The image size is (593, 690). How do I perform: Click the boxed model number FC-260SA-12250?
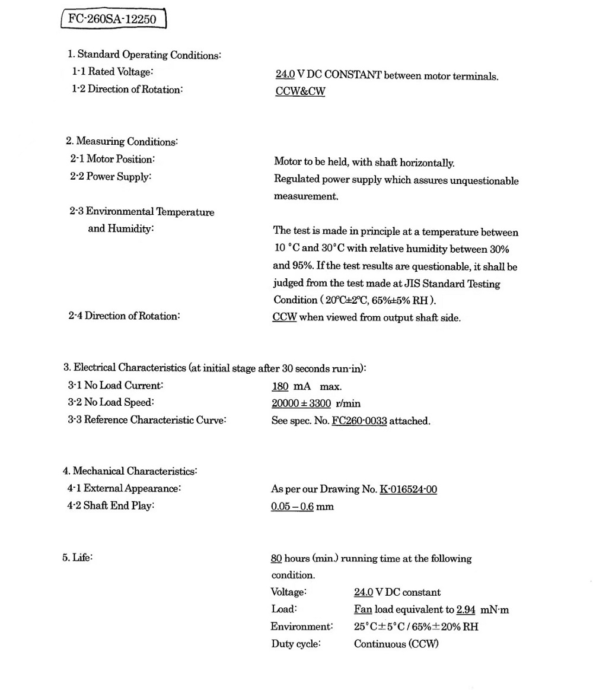point(113,20)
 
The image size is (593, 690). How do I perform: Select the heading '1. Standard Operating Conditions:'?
point(144,55)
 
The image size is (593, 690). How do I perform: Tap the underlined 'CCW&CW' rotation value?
point(300,92)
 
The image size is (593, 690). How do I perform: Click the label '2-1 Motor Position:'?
point(113,160)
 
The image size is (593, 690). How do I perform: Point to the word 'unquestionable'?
point(484,181)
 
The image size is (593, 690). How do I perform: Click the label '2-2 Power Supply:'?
point(110,177)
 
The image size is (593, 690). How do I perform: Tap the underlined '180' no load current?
point(280,387)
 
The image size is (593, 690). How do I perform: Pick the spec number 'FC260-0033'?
point(359,421)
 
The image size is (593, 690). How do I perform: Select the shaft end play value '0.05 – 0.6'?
point(292,507)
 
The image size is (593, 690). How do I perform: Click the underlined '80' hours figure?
point(276,559)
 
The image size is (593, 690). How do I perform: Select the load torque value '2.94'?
point(466,610)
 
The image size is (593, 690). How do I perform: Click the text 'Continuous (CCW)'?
point(396,644)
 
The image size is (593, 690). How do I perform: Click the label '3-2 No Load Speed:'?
point(111,403)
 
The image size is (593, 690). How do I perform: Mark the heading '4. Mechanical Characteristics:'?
point(130,472)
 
